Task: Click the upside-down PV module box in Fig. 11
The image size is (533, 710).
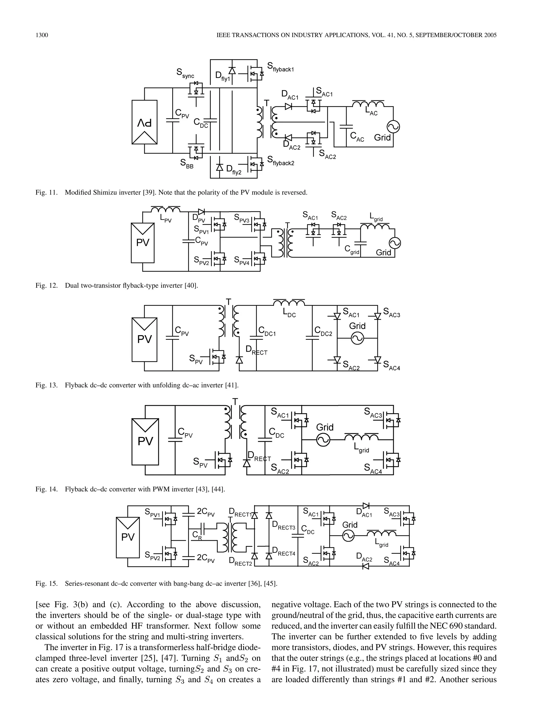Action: [x=144, y=122]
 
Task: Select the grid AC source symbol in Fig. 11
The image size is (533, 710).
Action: [x=393, y=126]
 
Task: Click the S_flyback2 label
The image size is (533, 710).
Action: [x=281, y=161]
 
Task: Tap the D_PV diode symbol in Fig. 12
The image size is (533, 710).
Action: [x=201, y=212]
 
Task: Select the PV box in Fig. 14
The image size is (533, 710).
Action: [x=145, y=442]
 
